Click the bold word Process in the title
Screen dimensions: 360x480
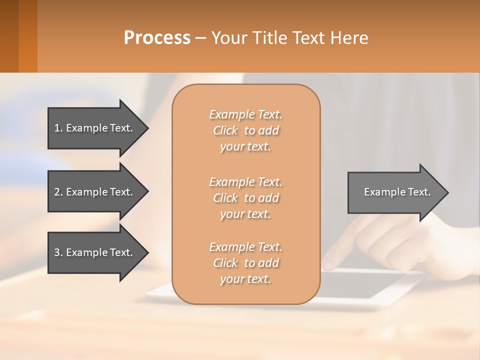157,38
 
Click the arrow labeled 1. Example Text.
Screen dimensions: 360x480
95,128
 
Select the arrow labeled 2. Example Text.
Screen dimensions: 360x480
95,192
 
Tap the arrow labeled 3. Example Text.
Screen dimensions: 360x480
95,252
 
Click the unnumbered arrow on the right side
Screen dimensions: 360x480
395,192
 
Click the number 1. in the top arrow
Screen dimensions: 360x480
58,128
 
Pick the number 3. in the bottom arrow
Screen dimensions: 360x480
58,252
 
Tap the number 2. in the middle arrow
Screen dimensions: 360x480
58,192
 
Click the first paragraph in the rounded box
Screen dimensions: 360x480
245,130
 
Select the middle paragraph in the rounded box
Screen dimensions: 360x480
245,197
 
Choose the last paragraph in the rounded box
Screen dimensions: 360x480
245,263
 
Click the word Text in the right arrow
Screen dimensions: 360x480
419,192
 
